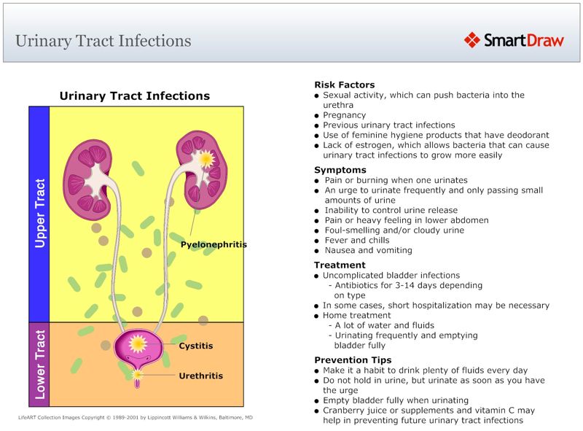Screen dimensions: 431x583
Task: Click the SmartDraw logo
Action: [x=514, y=40]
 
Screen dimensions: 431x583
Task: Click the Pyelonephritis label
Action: [x=214, y=244]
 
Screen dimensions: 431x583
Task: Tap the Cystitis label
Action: [x=196, y=346]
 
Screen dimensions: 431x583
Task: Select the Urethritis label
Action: [x=200, y=376]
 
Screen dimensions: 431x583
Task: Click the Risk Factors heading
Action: [x=344, y=85]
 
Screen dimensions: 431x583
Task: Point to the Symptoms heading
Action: [x=340, y=170]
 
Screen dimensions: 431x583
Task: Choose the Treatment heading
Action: [x=340, y=265]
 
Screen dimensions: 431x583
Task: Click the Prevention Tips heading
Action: [x=353, y=360]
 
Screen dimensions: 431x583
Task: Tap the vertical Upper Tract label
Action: [x=40, y=213]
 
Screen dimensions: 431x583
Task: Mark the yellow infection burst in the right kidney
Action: [x=206, y=158]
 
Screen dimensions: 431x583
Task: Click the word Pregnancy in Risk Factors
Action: [x=344, y=115]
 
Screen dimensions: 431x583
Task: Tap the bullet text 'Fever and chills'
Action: [x=356, y=240]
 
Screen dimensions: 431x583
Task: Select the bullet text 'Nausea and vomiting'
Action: [x=368, y=250]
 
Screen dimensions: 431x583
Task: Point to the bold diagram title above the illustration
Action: [x=134, y=96]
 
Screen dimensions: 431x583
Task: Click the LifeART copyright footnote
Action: [x=136, y=418]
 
